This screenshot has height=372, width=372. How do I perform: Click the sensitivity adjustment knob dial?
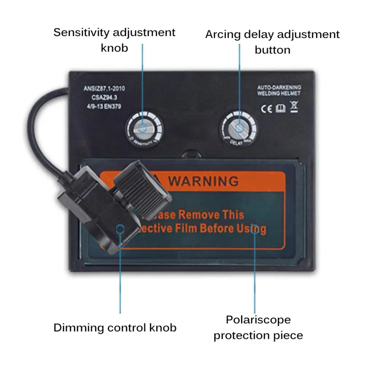coord(143,128)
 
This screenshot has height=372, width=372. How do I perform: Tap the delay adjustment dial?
coord(239,128)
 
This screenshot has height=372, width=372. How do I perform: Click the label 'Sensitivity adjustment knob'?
coord(115,39)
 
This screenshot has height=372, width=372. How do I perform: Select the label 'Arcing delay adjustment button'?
coord(272,42)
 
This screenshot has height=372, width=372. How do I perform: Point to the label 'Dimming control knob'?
coord(115,327)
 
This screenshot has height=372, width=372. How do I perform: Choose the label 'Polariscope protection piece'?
coord(258,327)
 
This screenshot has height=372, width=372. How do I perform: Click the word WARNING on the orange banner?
coord(204,181)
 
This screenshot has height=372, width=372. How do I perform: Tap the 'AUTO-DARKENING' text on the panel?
coord(279,88)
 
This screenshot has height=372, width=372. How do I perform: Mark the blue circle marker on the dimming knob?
coord(120,229)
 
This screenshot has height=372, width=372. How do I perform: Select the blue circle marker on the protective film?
coord(255,229)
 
